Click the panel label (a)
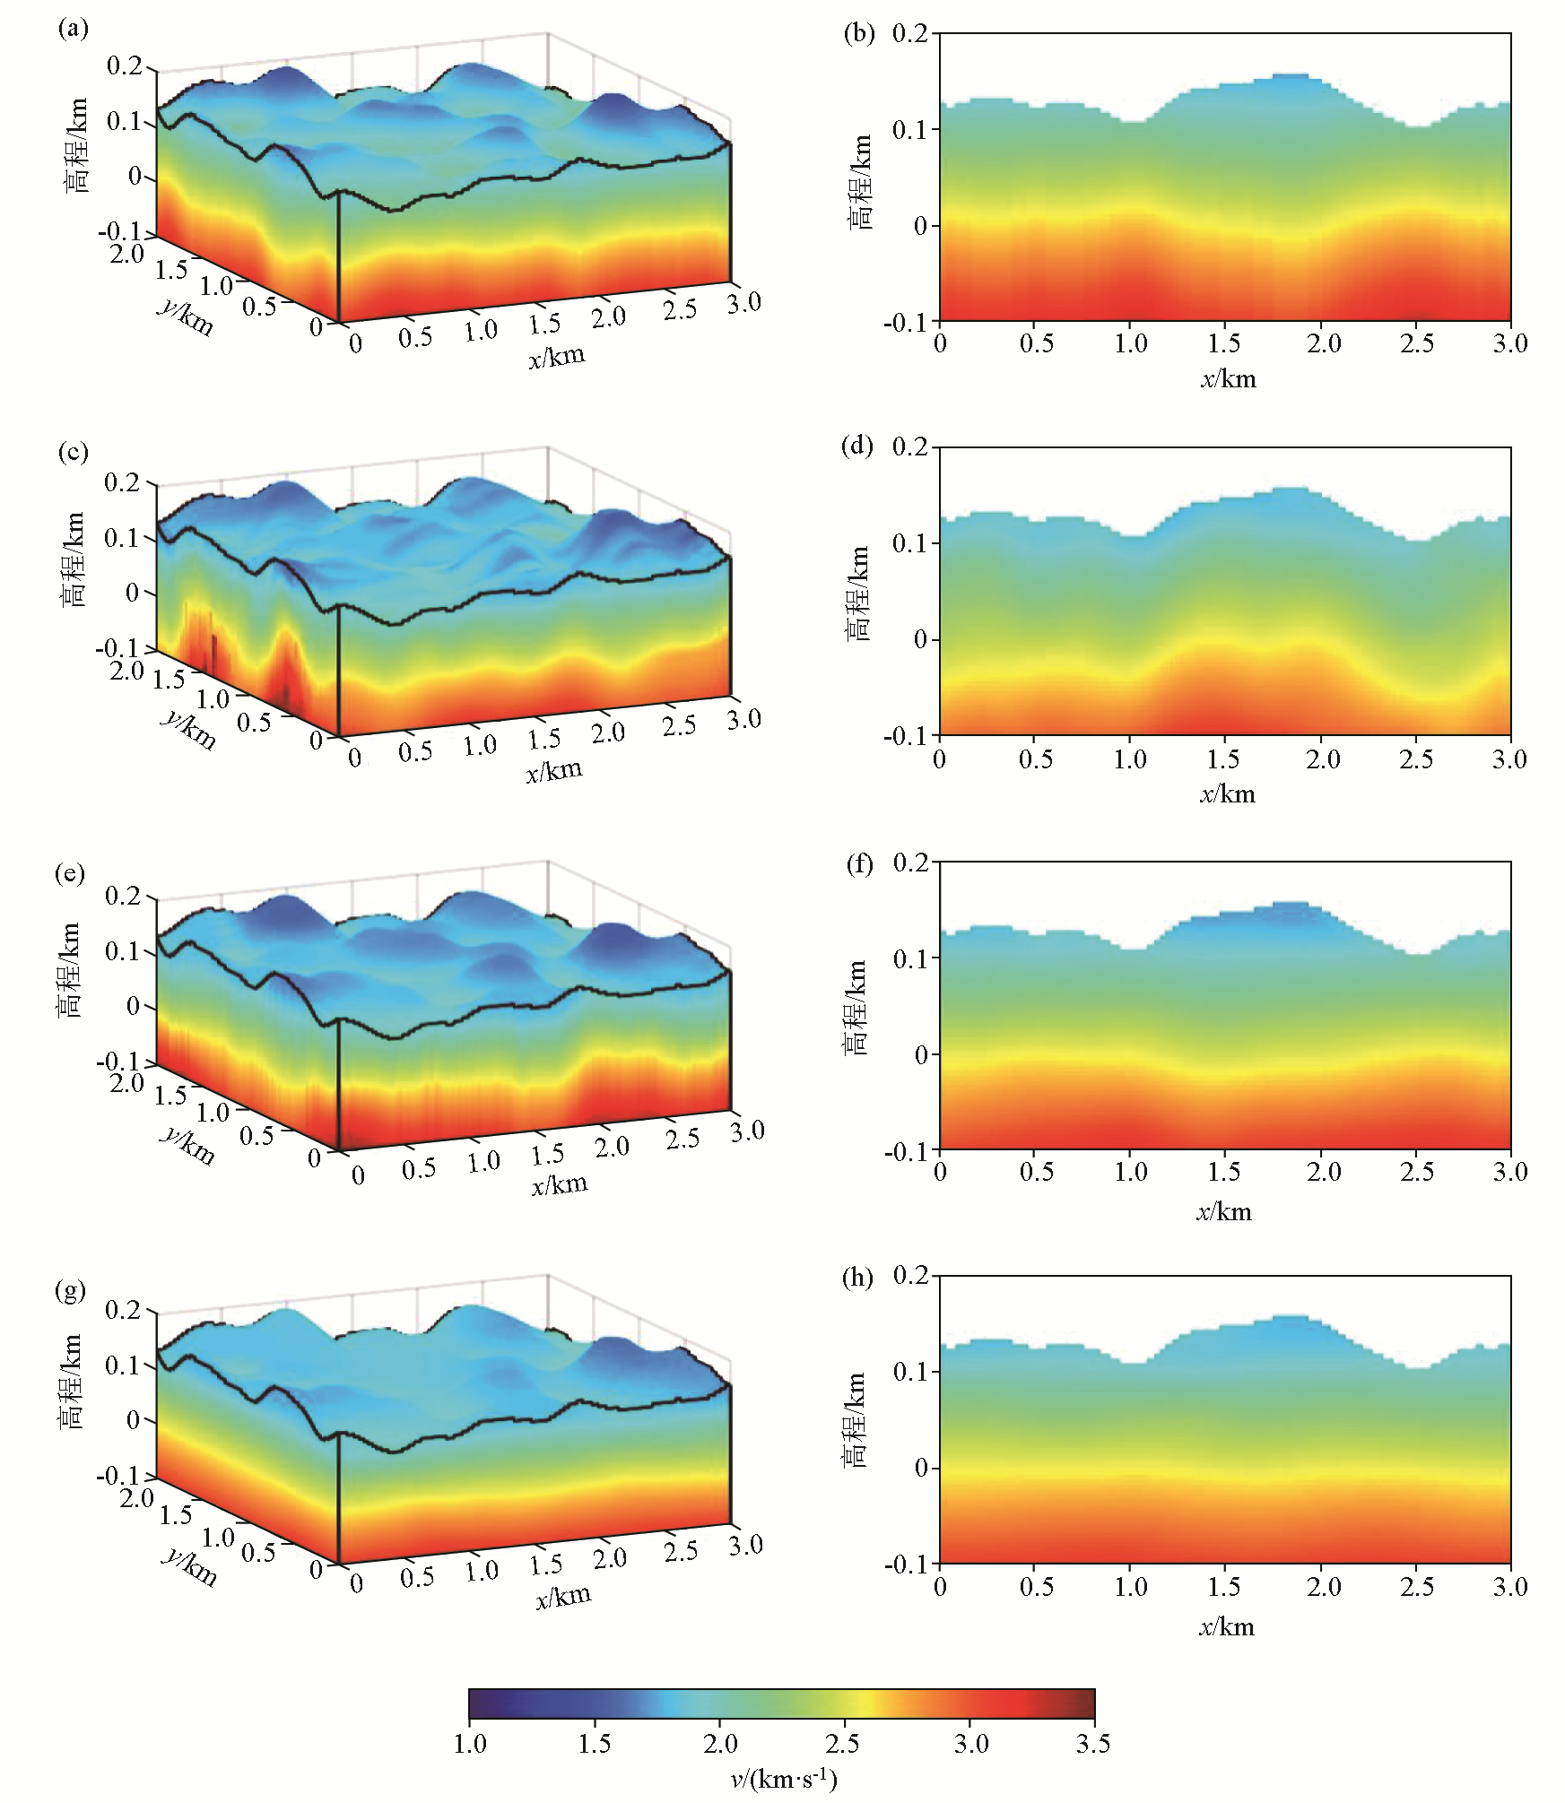pos(73,30)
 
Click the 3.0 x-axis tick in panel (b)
pos(1510,343)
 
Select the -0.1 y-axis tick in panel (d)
pos(908,736)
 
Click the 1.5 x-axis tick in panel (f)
pos(1225,1172)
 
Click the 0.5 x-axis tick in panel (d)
pos(1036,759)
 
